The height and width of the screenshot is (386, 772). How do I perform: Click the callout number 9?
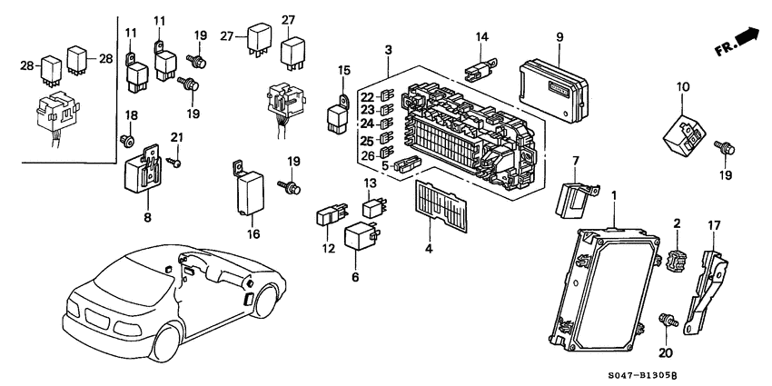(560, 37)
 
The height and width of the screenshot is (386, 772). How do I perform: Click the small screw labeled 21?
(175, 163)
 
